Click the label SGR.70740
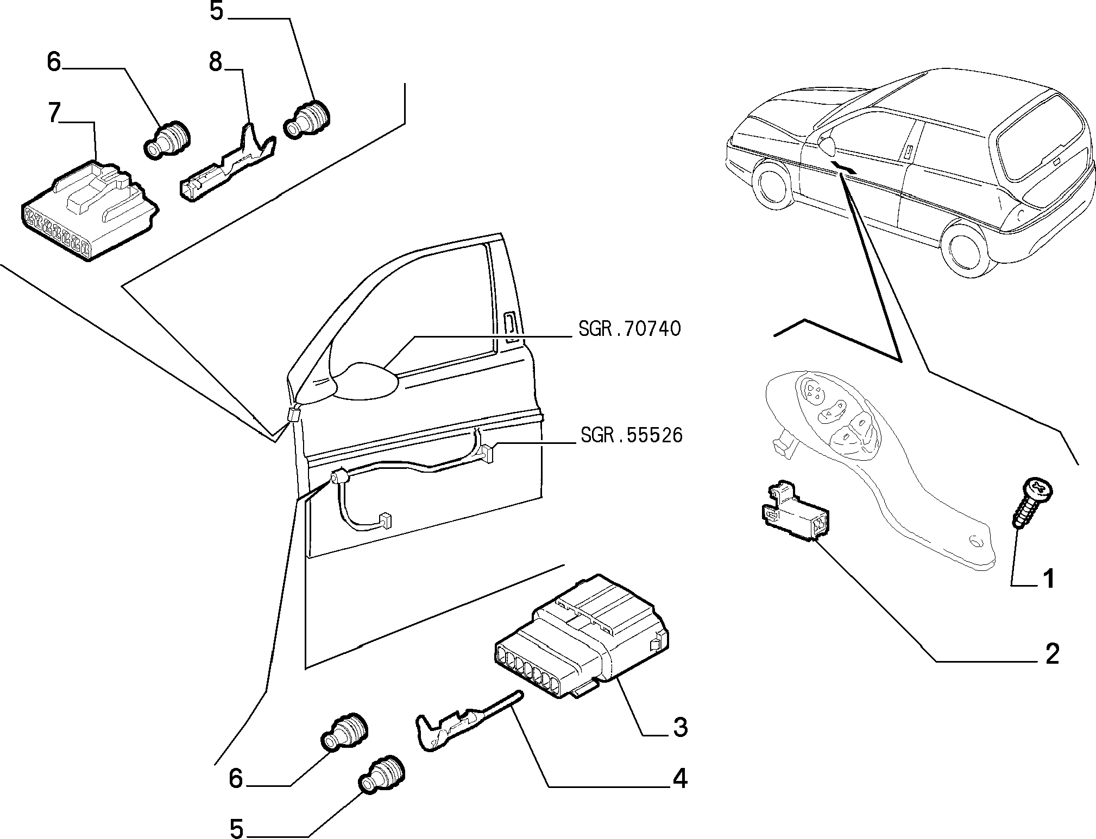tap(629, 329)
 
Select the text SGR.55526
tap(631, 435)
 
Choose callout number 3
tap(680, 727)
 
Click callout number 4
tap(679, 779)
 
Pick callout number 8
tap(216, 62)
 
